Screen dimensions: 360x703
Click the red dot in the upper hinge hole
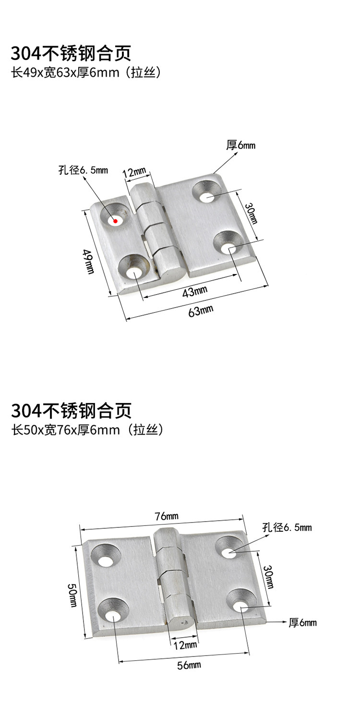click(x=115, y=221)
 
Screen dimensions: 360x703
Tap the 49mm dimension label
click(x=88, y=262)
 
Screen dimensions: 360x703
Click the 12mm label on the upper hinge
click(x=134, y=171)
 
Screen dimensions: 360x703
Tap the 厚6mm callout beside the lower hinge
click(x=302, y=623)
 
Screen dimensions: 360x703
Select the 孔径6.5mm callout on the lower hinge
click(x=287, y=528)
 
